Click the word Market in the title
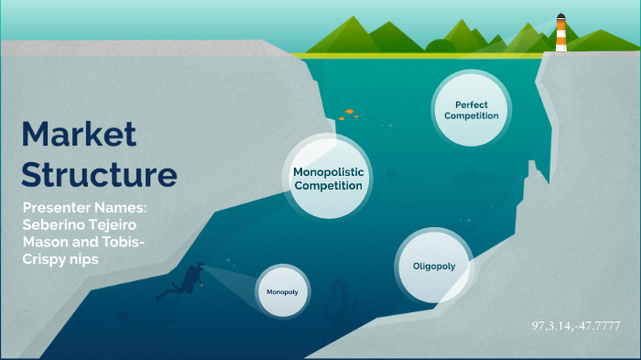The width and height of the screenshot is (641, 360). pyautogui.click(x=79, y=135)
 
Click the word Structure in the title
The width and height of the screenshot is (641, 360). pyautogui.click(x=98, y=174)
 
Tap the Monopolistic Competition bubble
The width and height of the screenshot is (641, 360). pyautogui.click(x=328, y=178)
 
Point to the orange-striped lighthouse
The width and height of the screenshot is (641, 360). pyautogui.click(x=560, y=35)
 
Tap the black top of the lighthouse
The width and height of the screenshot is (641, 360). pyautogui.click(x=560, y=16)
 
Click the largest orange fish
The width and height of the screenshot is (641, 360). pyautogui.click(x=349, y=111)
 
